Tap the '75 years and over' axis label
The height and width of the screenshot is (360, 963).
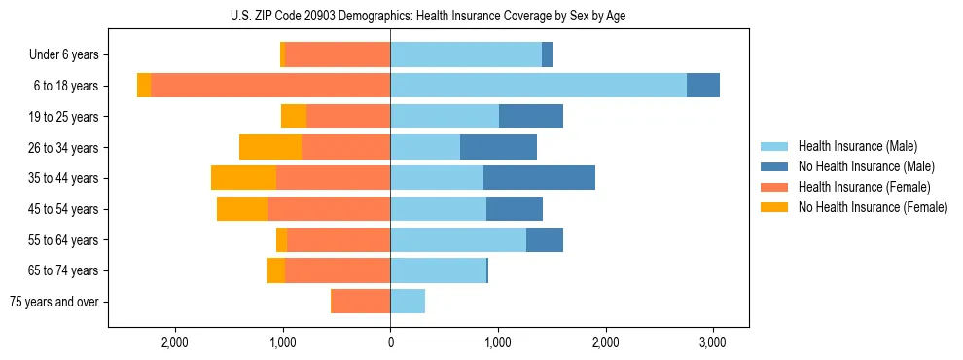(x=55, y=302)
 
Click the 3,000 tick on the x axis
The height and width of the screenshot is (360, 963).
(x=712, y=342)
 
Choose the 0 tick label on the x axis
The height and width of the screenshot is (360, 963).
(x=390, y=342)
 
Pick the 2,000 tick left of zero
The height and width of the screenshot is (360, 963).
(x=175, y=342)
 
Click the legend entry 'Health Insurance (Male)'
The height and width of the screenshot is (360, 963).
(x=857, y=146)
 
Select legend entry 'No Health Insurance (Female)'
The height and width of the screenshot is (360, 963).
(x=873, y=207)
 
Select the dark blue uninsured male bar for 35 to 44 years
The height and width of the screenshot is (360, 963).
(x=539, y=178)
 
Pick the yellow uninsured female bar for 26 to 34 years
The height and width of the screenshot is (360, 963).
(x=270, y=147)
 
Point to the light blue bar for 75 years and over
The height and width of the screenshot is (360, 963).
(x=408, y=302)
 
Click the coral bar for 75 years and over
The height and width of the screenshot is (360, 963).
(x=361, y=302)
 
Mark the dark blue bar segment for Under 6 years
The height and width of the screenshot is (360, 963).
(x=547, y=55)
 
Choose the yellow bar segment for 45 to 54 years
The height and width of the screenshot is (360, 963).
(x=242, y=209)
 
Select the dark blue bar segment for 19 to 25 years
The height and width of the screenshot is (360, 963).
(x=531, y=117)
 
